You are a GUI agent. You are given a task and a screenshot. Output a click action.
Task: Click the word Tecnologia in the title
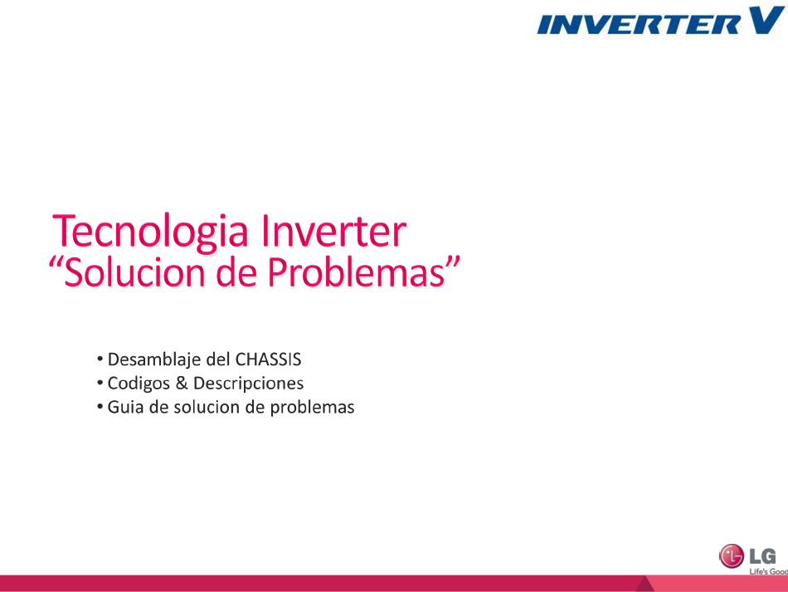point(150,232)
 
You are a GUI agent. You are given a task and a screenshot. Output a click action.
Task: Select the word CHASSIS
point(269,360)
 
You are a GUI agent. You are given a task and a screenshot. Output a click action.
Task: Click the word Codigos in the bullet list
point(139,384)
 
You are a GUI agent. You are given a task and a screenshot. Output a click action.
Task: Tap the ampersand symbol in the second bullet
point(182,384)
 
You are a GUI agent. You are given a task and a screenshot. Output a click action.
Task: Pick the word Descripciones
point(248,384)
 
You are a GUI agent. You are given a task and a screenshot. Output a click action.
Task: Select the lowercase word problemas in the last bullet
point(312,408)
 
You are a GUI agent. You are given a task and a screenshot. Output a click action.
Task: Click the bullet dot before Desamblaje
point(100,360)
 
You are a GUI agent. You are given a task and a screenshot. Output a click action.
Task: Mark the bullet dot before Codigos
point(100,383)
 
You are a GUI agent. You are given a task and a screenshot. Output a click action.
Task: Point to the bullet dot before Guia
point(100,406)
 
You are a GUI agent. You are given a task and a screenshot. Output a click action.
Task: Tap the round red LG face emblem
point(732,556)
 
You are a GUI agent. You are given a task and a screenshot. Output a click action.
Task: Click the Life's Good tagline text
point(768,572)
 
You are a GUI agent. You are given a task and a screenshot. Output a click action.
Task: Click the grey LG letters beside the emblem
point(762,556)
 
